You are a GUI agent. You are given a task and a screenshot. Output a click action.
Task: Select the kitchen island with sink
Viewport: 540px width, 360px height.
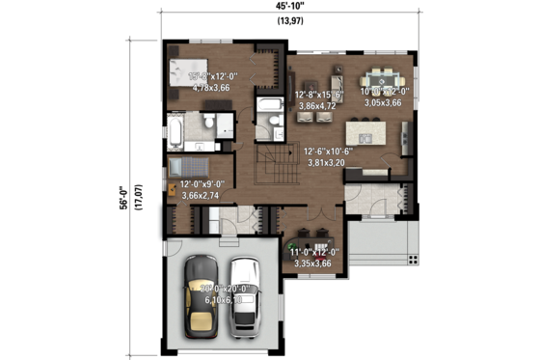tap(372, 130)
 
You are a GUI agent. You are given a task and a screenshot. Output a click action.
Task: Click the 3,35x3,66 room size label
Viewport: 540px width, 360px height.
tap(312, 263)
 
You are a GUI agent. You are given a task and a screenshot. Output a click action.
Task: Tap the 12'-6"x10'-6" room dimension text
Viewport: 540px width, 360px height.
tap(332, 152)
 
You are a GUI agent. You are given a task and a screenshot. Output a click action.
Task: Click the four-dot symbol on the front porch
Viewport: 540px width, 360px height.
tap(412, 257)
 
